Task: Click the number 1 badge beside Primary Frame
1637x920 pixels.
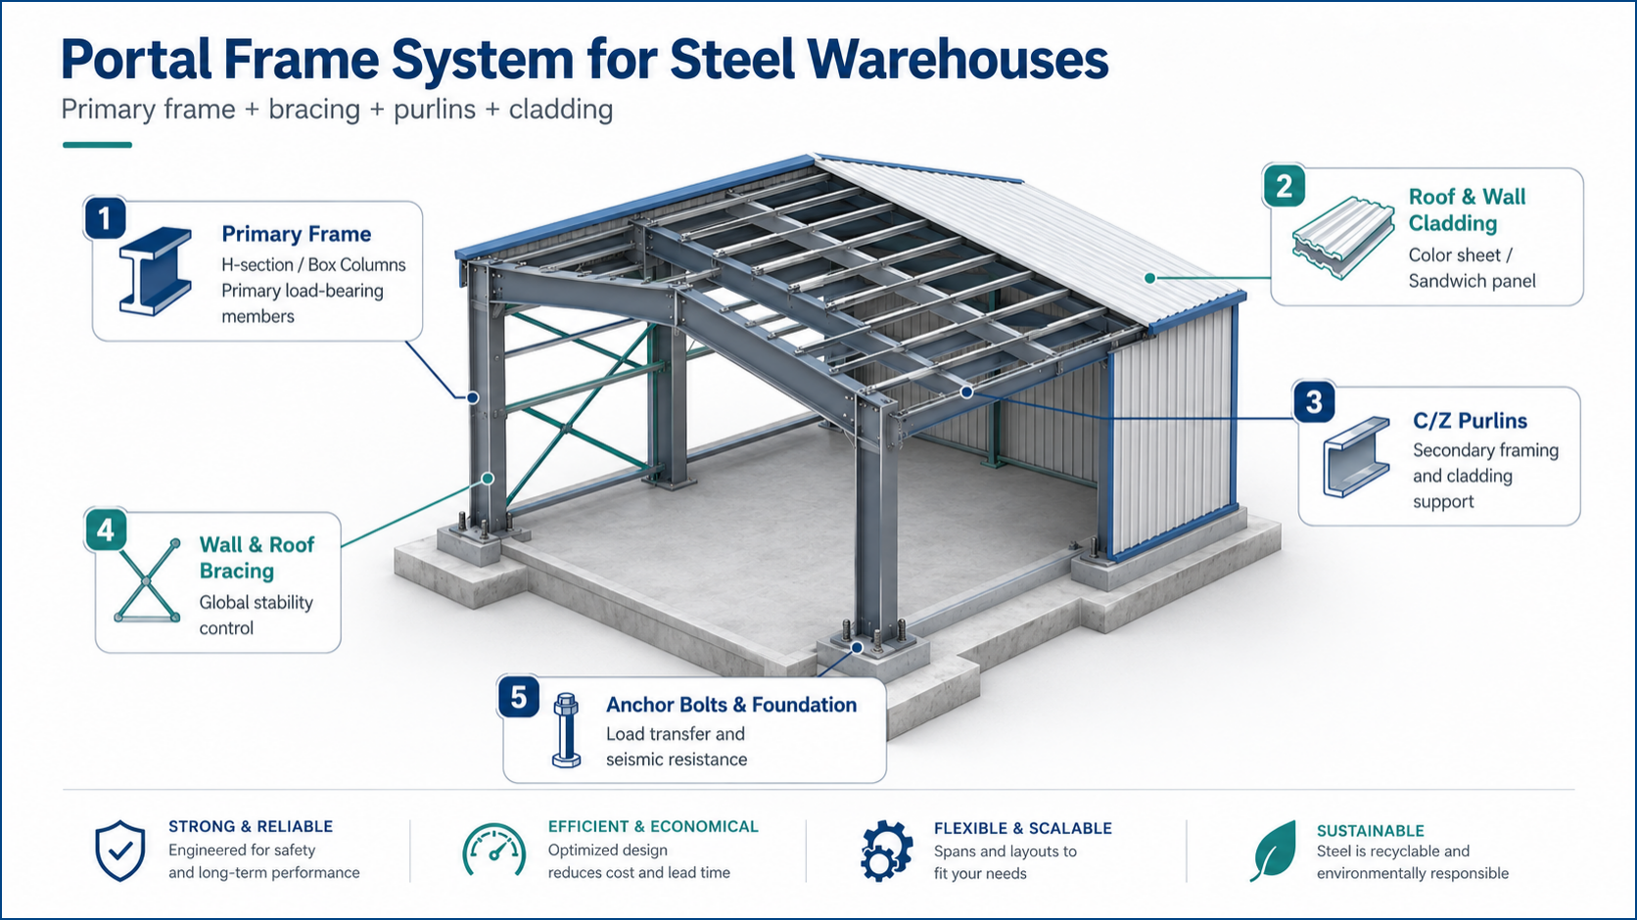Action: (105, 217)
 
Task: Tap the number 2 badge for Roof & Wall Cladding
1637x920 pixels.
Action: (1284, 185)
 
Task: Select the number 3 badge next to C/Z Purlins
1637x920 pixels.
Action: (1314, 401)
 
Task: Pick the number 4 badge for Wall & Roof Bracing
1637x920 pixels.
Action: (105, 529)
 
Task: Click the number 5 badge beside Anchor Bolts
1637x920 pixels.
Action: (519, 697)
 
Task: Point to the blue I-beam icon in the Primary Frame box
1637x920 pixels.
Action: (155, 271)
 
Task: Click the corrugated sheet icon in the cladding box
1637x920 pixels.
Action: (1342, 238)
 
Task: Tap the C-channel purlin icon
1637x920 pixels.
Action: (1356, 457)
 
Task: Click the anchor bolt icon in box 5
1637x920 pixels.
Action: (566, 730)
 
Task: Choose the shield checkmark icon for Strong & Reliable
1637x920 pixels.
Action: (120, 851)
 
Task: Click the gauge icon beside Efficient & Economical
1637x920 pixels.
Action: (494, 850)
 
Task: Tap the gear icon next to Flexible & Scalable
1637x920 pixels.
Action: (886, 851)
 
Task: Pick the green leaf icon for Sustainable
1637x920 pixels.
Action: (1274, 851)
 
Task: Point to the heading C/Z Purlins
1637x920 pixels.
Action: (1470, 421)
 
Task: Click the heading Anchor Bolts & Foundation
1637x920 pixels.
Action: (731, 705)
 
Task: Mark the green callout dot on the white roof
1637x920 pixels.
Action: (1149, 278)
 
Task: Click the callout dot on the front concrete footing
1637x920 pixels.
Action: (858, 648)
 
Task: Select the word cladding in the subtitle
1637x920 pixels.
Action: (561, 110)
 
